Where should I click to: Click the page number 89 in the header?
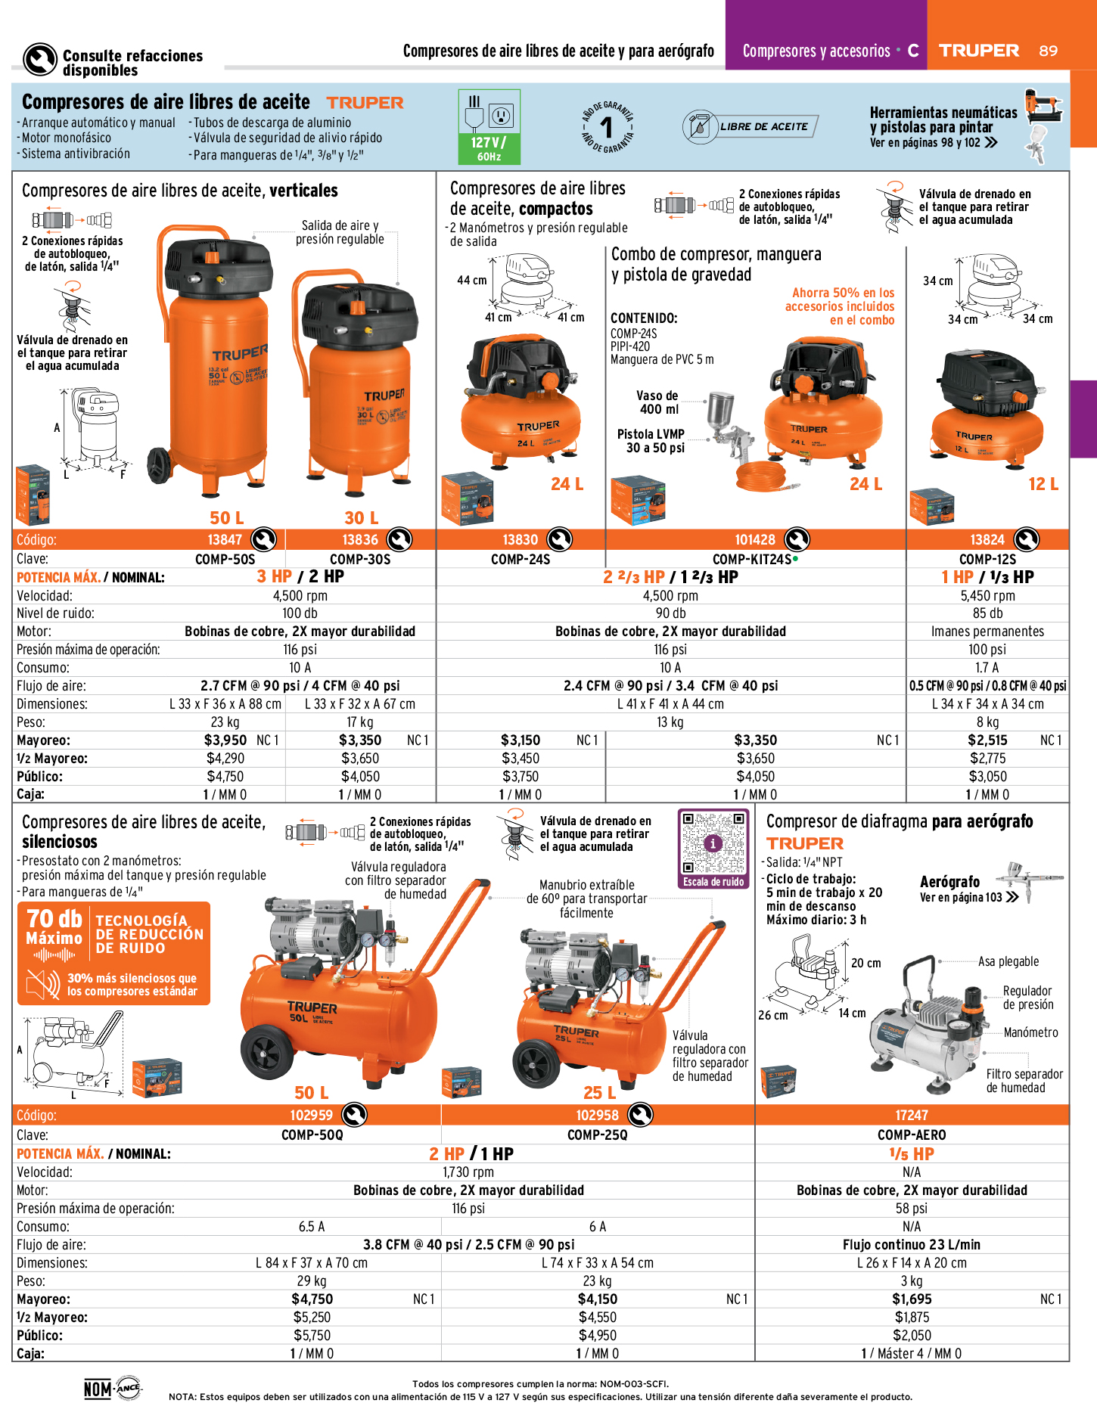tap(1048, 51)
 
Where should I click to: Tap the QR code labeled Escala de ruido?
tap(713, 843)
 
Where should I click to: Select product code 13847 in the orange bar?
tap(225, 540)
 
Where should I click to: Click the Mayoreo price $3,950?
tap(225, 740)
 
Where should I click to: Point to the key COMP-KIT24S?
tap(752, 560)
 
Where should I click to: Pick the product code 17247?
tap(912, 1116)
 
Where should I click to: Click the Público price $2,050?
tap(912, 1336)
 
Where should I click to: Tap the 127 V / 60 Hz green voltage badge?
tap(489, 127)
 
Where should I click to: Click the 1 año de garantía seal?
tap(607, 127)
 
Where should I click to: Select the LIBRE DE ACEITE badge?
tap(750, 126)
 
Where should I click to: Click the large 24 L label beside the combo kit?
tap(865, 484)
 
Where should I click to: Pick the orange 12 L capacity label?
tap(1043, 484)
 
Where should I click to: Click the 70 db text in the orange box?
tap(54, 918)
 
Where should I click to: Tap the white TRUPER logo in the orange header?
tap(979, 51)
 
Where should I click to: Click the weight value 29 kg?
tap(312, 1281)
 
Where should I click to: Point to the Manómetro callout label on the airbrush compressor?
tap(1030, 1032)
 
